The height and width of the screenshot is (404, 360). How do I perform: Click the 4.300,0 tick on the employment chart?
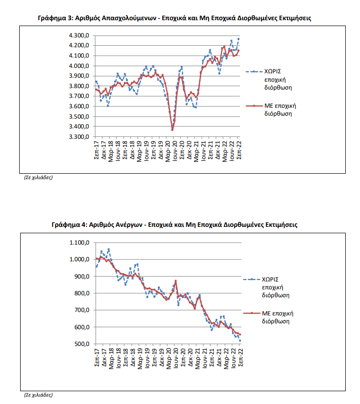[x=79, y=35]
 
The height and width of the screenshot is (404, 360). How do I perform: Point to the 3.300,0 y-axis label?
[x=79, y=137]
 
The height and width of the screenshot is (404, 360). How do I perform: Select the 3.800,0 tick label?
[x=79, y=86]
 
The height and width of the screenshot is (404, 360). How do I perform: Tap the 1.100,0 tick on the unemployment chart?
[x=79, y=243]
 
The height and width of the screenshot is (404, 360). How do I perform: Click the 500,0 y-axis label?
[x=82, y=344]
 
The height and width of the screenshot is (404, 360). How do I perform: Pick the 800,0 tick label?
[x=82, y=293]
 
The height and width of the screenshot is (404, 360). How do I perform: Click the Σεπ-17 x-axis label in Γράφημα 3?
[x=96, y=150]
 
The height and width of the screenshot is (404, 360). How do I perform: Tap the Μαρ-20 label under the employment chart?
[x=168, y=151]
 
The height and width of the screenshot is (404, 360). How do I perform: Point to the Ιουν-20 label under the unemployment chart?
[x=176, y=358]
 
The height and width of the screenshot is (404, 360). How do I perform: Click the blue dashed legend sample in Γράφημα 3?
[x=254, y=72]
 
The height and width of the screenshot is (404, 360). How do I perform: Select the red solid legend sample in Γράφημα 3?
[x=254, y=106]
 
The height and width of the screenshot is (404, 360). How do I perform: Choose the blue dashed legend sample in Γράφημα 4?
[x=252, y=280]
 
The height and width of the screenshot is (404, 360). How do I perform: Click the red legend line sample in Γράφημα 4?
[x=252, y=313]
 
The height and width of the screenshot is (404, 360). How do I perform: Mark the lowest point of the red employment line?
[x=172, y=130]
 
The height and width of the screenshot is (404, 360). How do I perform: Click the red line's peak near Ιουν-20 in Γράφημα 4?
[x=176, y=281]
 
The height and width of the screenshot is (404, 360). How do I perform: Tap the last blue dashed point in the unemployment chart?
[x=240, y=341]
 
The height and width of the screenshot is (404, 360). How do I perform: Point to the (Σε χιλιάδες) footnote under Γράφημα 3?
[x=38, y=178]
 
